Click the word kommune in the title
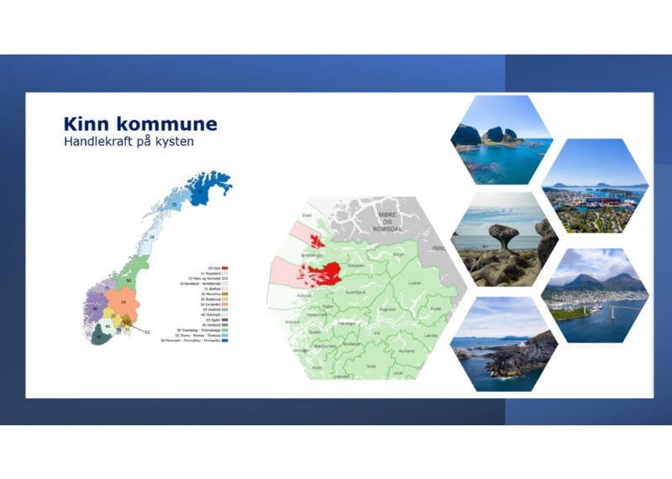click(165, 124)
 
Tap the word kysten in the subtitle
click(176, 142)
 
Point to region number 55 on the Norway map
click(174, 204)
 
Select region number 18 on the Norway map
click(151, 238)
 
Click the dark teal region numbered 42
click(99, 337)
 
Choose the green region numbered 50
click(129, 280)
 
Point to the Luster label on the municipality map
click(413, 284)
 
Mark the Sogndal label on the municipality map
click(387, 308)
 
